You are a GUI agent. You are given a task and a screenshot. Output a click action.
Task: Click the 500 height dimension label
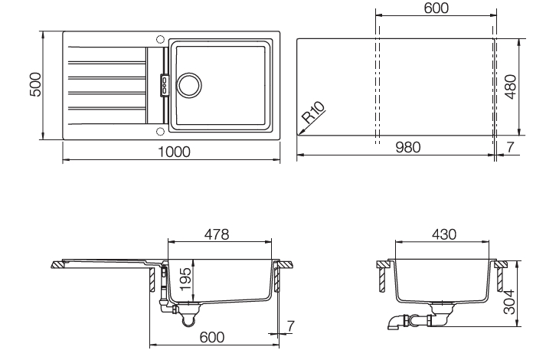(x=34, y=85)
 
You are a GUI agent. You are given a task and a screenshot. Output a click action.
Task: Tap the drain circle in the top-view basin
(x=188, y=85)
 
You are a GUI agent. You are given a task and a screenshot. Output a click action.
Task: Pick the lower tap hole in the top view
(x=159, y=129)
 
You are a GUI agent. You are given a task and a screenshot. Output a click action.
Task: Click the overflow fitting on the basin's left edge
(x=162, y=85)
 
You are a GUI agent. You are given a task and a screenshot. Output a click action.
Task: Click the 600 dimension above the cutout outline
(x=436, y=8)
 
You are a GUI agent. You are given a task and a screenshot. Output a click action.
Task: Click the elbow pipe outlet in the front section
(x=395, y=324)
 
